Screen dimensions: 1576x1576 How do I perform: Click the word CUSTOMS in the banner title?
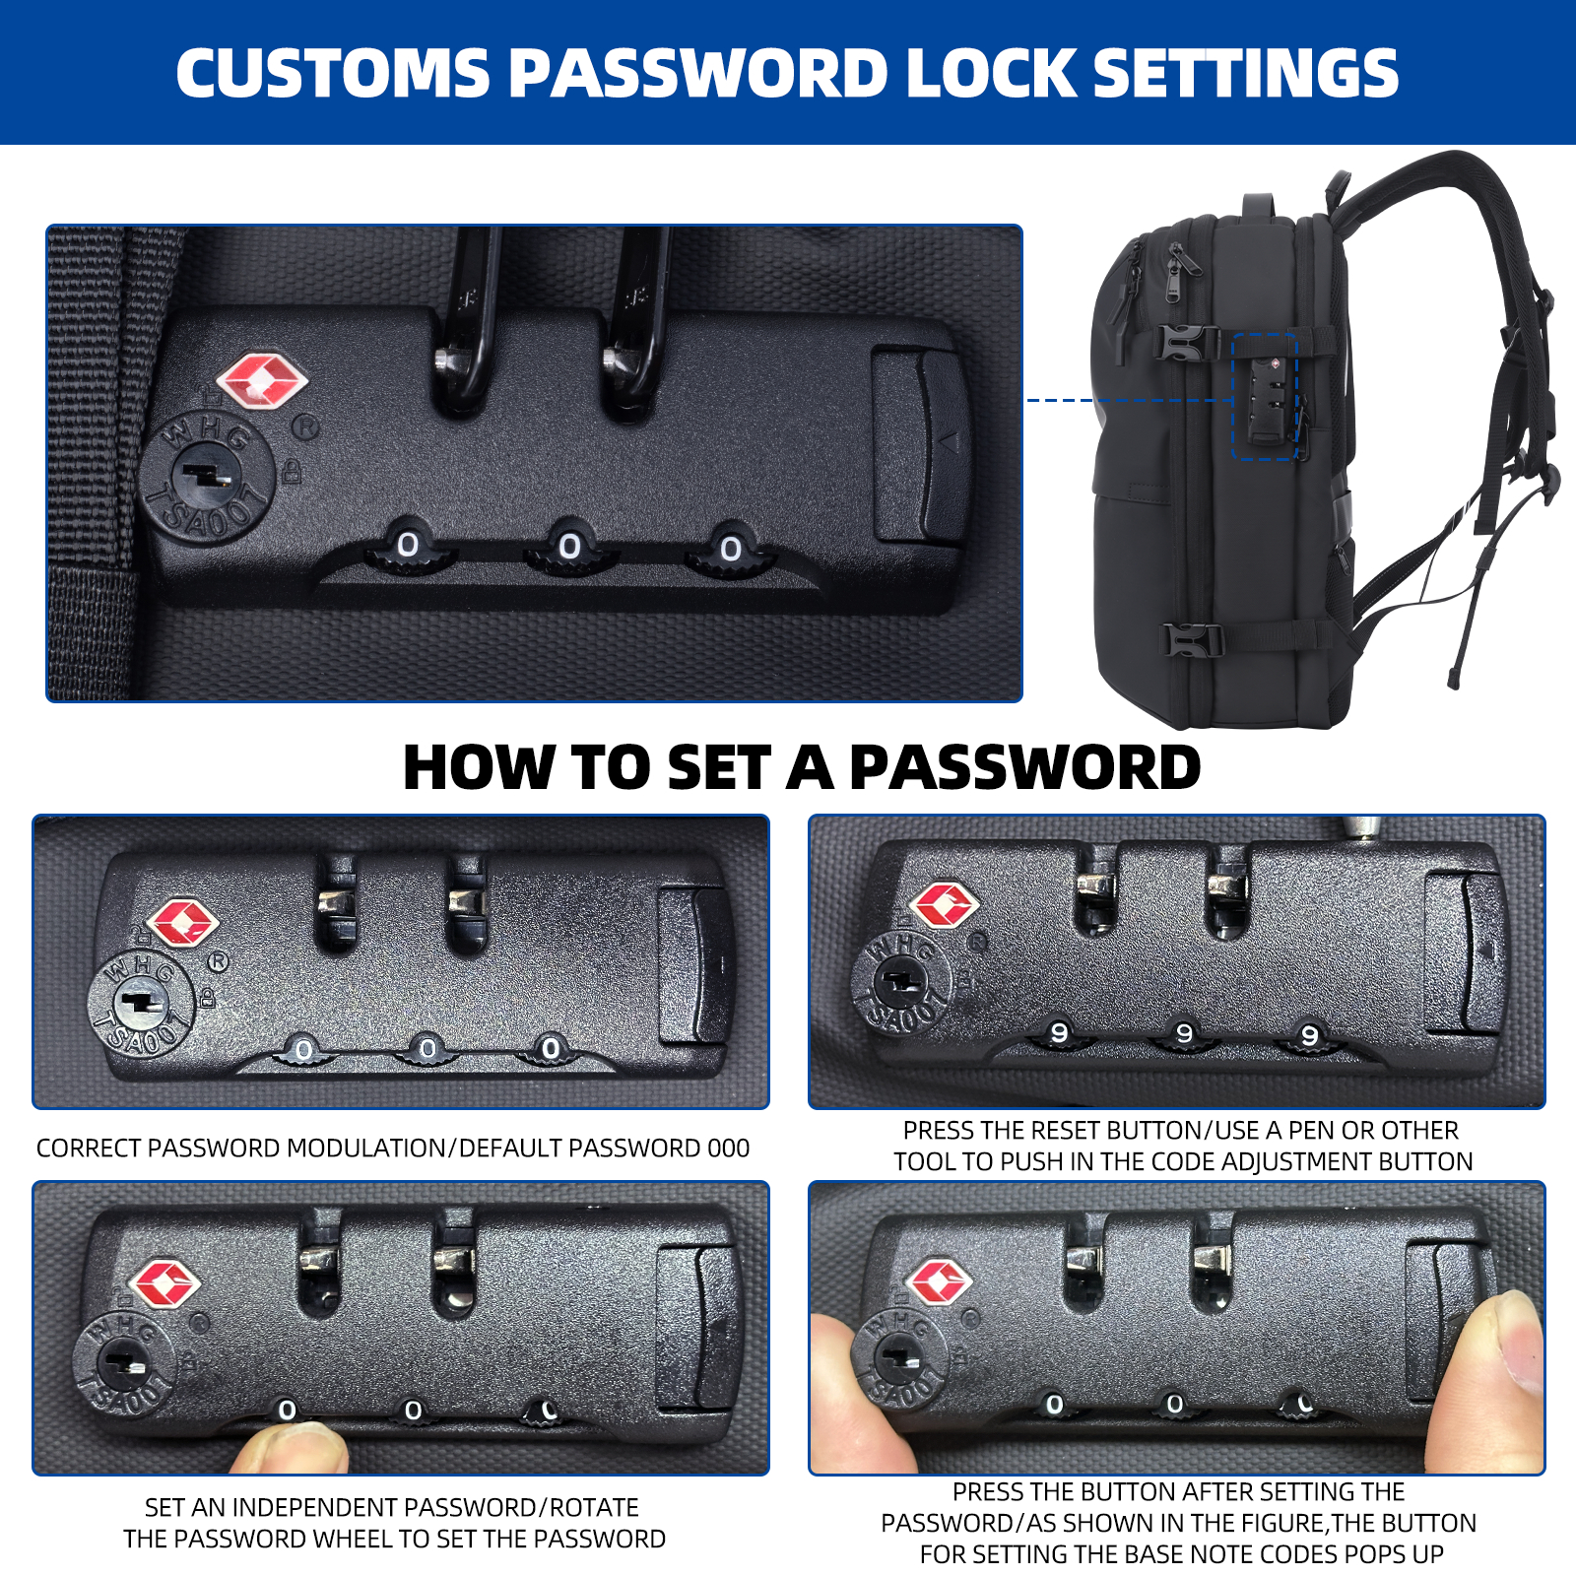[333, 73]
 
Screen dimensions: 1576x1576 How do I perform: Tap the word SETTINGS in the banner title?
[1246, 73]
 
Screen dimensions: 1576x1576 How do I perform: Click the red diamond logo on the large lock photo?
[261, 382]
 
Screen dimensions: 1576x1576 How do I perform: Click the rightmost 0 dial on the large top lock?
[731, 548]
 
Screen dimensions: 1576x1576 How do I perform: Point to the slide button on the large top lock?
[919, 443]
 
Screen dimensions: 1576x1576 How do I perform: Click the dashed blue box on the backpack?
[1265, 396]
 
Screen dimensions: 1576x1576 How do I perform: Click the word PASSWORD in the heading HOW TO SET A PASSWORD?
[1024, 767]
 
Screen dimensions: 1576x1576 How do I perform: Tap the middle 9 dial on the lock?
[1184, 1033]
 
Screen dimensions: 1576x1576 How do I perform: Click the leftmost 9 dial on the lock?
[1059, 1033]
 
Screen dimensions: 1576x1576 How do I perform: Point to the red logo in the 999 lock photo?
[944, 904]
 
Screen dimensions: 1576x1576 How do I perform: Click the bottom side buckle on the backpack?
[1194, 640]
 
